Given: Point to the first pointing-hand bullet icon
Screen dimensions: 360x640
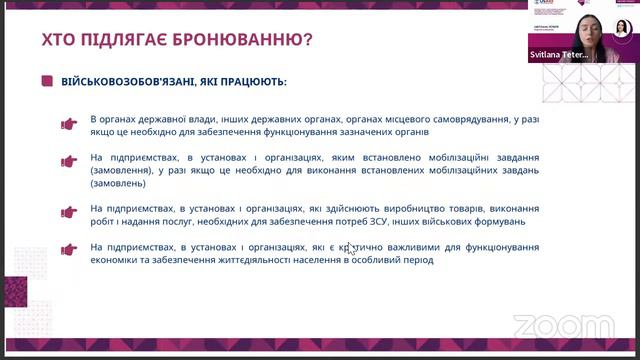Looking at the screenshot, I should point(69,125).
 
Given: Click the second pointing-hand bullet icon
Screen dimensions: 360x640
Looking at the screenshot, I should point(69,162).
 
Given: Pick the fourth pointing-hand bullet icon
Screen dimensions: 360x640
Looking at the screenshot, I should point(69,248).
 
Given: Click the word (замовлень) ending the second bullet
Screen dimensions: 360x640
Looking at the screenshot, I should point(118,183).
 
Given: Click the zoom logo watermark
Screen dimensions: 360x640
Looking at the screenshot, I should point(549,325).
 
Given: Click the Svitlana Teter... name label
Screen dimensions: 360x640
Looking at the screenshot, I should point(566,59).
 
